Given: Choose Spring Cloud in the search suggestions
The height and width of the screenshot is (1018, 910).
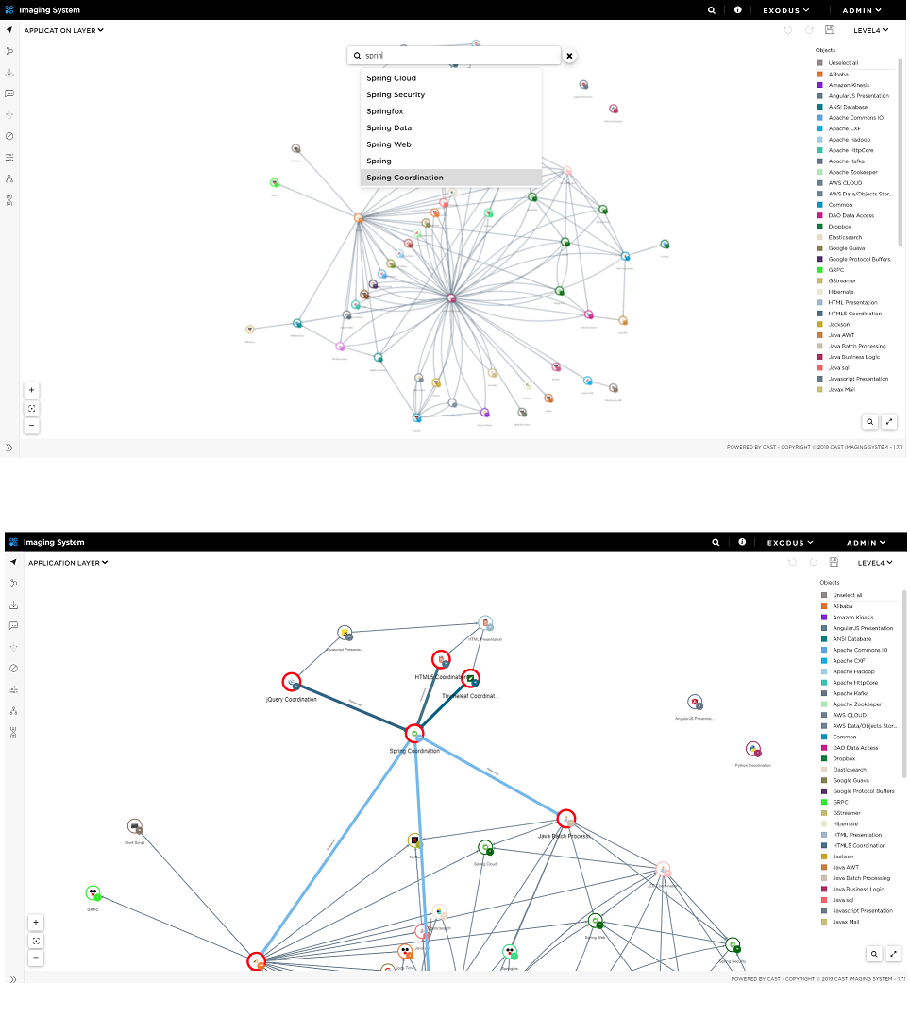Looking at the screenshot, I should click(x=391, y=78).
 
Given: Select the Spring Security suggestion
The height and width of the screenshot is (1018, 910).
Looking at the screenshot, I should click(x=396, y=95).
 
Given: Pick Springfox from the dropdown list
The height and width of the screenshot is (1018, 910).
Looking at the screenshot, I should click(x=384, y=111).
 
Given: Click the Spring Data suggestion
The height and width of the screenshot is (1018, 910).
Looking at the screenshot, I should click(x=389, y=128).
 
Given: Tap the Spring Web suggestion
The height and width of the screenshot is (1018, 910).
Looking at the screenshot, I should click(x=388, y=144).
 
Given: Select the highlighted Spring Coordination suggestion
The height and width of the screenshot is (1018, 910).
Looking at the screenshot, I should click(x=404, y=178).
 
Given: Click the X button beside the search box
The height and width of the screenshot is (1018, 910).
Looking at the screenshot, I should click(x=569, y=56).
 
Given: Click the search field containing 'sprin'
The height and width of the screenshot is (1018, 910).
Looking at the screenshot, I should click(x=453, y=56).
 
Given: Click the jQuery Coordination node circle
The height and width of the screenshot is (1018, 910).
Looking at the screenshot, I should click(x=291, y=682).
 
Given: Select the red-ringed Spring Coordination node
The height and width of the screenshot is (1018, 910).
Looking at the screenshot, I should click(x=413, y=734).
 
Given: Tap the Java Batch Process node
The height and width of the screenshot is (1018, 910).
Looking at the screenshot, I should click(x=565, y=819).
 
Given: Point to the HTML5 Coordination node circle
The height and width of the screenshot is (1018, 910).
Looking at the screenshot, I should click(x=441, y=659).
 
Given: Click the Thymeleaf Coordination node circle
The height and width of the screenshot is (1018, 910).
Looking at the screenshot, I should click(x=470, y=678).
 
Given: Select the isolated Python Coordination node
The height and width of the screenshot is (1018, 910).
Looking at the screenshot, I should click(x=752, y=750).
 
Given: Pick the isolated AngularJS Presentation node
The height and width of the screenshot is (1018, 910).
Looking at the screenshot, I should click(x=695, y=702).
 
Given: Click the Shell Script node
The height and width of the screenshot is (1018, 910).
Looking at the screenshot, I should click(x=135, y=827).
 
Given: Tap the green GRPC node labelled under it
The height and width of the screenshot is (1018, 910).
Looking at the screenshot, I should click(x=93, y=893).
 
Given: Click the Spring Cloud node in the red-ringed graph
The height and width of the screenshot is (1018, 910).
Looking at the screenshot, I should click(x=485, y=848).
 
